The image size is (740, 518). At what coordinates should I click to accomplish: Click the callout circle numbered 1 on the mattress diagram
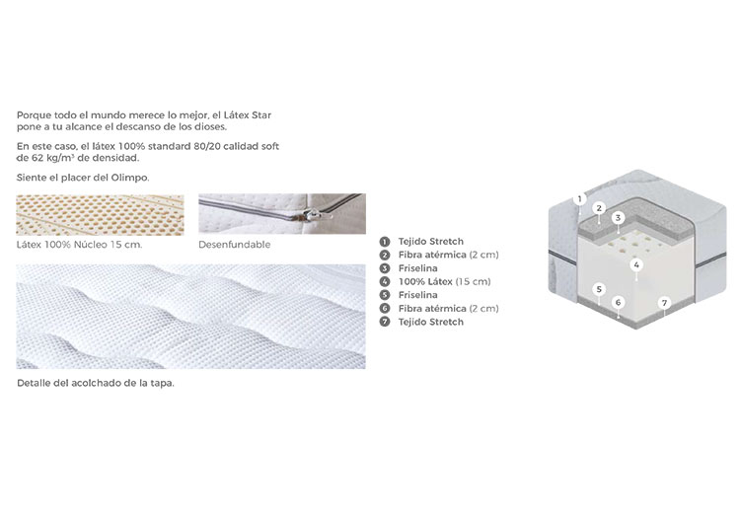coord(579,199)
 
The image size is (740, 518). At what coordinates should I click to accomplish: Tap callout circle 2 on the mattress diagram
coord(599,208)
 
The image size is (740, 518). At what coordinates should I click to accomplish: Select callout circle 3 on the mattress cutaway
coord(618,217)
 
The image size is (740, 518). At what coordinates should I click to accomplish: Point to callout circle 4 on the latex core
coord(636,264)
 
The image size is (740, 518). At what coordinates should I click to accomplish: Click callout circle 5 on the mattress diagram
coord(599,289)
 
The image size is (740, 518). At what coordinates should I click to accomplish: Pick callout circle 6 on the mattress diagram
coord(618,302)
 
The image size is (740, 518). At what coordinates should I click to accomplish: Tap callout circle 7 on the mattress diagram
coord(664,302)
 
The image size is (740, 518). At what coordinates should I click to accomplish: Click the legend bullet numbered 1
coord(385,242)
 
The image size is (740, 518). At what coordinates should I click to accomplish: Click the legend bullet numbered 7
coord(385,323)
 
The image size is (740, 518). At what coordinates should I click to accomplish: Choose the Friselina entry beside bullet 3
coord(417,268)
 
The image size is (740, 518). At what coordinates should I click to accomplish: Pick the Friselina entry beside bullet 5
coord(417,295)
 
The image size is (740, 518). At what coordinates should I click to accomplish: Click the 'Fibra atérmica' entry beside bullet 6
coord(448,309)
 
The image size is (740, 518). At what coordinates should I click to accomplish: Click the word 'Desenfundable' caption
coord(235,245)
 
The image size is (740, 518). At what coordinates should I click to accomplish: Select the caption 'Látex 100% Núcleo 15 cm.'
coord(79,245)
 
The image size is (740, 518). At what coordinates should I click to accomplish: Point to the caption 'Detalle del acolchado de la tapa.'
coord(96,383)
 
